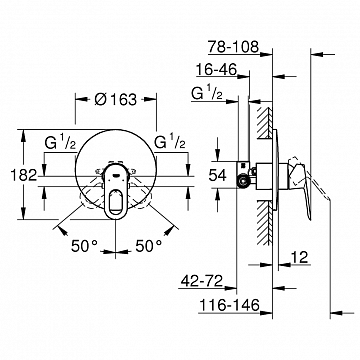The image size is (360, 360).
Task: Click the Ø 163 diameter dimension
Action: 117,100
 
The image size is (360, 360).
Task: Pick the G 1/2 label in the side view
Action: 208,96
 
